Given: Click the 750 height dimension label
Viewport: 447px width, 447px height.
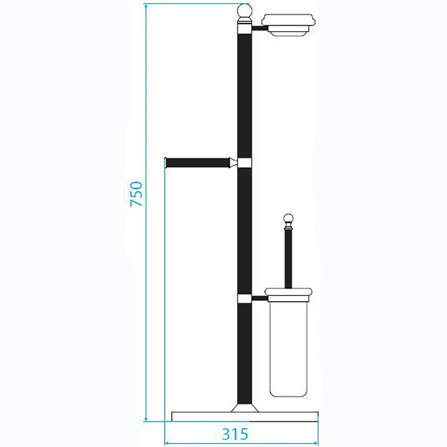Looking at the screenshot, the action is tap(136, 194).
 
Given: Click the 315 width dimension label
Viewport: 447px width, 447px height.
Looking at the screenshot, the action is tap(235, 434).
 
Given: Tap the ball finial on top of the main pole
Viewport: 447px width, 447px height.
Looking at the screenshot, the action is tap(245, 11).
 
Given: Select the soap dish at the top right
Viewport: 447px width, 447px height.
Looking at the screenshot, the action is tap(288, 25).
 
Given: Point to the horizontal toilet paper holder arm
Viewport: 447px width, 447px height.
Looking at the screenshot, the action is tap(198, 163).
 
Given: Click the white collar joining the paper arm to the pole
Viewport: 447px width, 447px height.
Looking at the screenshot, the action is tap(245, 163).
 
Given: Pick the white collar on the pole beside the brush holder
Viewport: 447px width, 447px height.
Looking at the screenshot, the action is tap(245, 298).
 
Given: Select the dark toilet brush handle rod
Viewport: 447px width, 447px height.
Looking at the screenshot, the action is tap(288, 259).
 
